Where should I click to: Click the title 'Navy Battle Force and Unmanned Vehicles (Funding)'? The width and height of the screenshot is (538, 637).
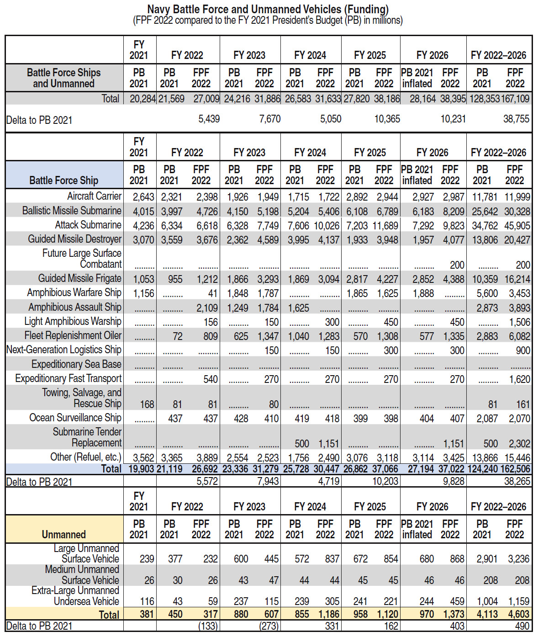click(268, 9)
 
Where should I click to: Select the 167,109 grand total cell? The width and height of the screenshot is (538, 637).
click(515, 99)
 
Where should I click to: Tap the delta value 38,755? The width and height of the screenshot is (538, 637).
click(516, 119)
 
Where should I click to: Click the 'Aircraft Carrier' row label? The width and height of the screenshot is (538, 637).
click(94, 196)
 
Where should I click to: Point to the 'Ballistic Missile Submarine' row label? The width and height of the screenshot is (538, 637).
click(72, 211)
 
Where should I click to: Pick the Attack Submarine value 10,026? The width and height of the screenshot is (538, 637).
click(326, 225)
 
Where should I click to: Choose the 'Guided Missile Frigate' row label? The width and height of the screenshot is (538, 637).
click(79, 278)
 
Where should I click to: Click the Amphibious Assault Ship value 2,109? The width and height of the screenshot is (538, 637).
click(207, 308)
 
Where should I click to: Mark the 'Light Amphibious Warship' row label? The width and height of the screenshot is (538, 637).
click(73, 321)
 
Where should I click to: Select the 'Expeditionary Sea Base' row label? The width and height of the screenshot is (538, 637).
click(76, 364)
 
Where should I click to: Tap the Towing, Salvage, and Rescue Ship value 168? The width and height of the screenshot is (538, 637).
click(147, 404)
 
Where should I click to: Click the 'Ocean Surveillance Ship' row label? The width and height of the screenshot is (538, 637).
click(75, 418)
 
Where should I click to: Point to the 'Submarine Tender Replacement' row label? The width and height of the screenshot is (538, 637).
click(87, 437)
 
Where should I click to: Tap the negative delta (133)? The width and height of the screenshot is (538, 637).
click(208, 626)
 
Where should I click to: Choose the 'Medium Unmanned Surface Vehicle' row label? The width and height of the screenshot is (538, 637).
click(82, 575)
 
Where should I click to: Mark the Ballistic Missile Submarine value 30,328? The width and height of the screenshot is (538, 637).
click(517, 212)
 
